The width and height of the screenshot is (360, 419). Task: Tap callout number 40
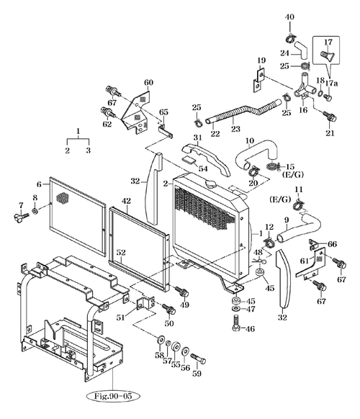click(x=289, y=17)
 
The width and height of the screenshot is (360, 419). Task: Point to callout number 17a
click(x=333, y=84)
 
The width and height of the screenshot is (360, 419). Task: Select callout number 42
click(x=126, y=200)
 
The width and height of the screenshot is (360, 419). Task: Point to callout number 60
click(x=149, y=83)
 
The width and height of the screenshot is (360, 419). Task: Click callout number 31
click(x=196, y=138)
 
